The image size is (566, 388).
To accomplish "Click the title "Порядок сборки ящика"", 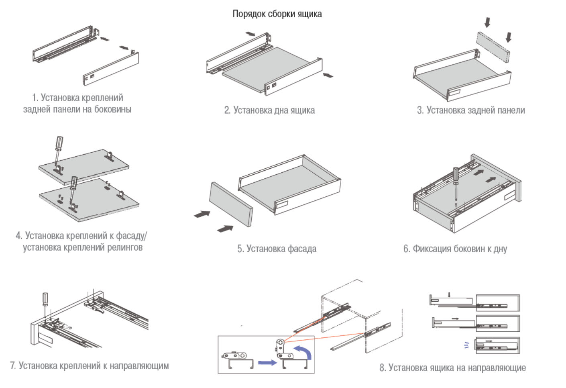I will coord(277,14).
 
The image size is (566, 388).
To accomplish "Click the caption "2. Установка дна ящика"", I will coord(269,110).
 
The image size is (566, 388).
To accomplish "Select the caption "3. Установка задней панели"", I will coord(471,110).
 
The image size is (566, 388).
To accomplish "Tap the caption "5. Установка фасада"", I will coord(277,249).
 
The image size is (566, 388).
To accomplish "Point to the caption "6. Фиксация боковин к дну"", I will coord(455,249).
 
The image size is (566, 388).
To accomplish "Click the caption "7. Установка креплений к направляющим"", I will coord(90,366).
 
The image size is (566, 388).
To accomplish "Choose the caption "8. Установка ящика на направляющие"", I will coord(452,368).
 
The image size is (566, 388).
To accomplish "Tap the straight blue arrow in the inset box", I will coord(267,363).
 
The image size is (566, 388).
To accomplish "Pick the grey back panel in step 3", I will coord(493,46).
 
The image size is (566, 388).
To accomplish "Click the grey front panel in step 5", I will coord(231,204).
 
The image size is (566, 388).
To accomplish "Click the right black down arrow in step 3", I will coord(509,37).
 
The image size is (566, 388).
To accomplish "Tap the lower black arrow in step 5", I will coord(225,229).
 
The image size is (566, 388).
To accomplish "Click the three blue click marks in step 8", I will coord(466,345).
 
